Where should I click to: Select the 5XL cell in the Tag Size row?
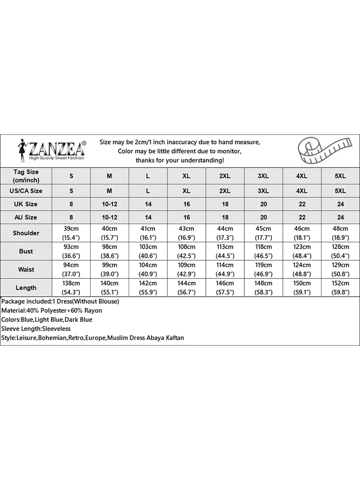(x=340, y=176)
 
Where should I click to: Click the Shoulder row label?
(x=26, y=233)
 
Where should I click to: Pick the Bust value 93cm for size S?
(x=72, y=247)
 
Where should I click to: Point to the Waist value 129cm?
(x=340, y=265)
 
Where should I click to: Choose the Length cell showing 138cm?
(x=72, y=284)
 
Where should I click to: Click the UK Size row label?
(x=26, y=204)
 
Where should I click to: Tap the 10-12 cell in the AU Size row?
(x=110, y=217)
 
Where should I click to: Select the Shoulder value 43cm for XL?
(x=187, y=229)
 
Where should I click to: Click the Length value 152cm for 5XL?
(x=340, y=284)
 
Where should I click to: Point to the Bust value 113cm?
(x=225, y=247)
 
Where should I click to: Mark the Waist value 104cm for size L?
(x=148, y=265)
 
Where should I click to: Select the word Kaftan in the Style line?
(x=174, y=338)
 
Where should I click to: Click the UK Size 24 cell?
(x=340, y=204)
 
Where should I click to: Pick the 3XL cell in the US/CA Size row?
(x=263, y=191)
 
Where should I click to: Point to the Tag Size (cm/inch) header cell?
(x=26, y=176)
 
